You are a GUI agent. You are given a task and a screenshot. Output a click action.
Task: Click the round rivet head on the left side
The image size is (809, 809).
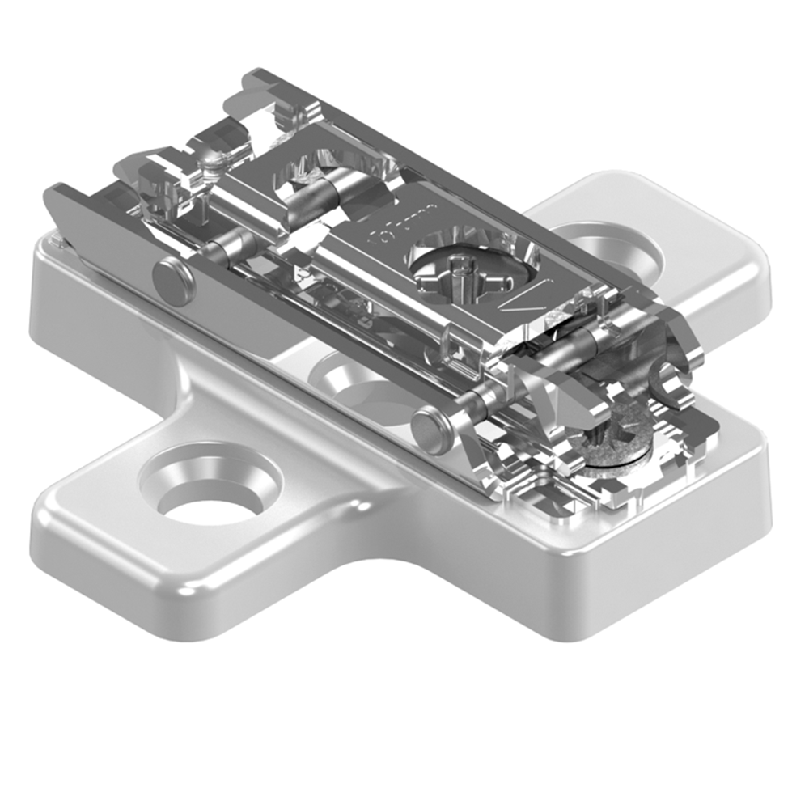tap(173, 281)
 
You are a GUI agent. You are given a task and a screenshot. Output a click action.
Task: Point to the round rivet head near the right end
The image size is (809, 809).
tap(430, 429)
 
